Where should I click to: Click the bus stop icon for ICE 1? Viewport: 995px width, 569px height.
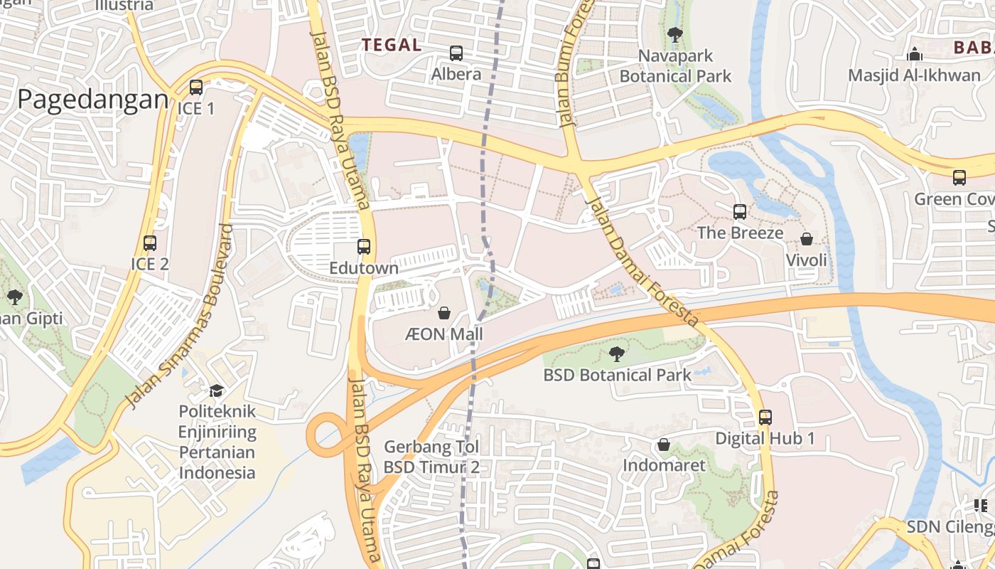195,87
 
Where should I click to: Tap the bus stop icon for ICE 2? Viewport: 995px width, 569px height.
150,243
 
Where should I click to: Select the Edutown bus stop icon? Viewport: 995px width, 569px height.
364,247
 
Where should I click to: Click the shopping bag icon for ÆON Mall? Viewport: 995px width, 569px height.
444,313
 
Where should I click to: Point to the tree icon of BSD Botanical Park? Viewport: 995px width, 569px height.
616,353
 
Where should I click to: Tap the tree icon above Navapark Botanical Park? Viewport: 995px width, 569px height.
675,34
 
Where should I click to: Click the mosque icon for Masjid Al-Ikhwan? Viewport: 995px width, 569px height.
915,54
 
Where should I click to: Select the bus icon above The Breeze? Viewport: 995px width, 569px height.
740,211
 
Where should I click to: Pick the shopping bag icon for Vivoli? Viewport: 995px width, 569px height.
807,239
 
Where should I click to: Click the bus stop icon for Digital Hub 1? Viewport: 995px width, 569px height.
765,418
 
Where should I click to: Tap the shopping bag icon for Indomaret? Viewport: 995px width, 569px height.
664,445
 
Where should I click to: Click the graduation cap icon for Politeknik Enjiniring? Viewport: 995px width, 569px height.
216,390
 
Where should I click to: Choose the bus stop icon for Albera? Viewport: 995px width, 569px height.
456,53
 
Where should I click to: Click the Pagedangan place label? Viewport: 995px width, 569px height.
92,100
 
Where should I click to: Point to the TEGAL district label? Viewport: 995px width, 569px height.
392,44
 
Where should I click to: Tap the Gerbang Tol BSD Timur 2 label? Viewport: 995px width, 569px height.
431,457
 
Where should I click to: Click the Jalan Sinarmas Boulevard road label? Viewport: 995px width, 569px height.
178,317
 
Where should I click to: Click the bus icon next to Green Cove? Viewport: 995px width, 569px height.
959,178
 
